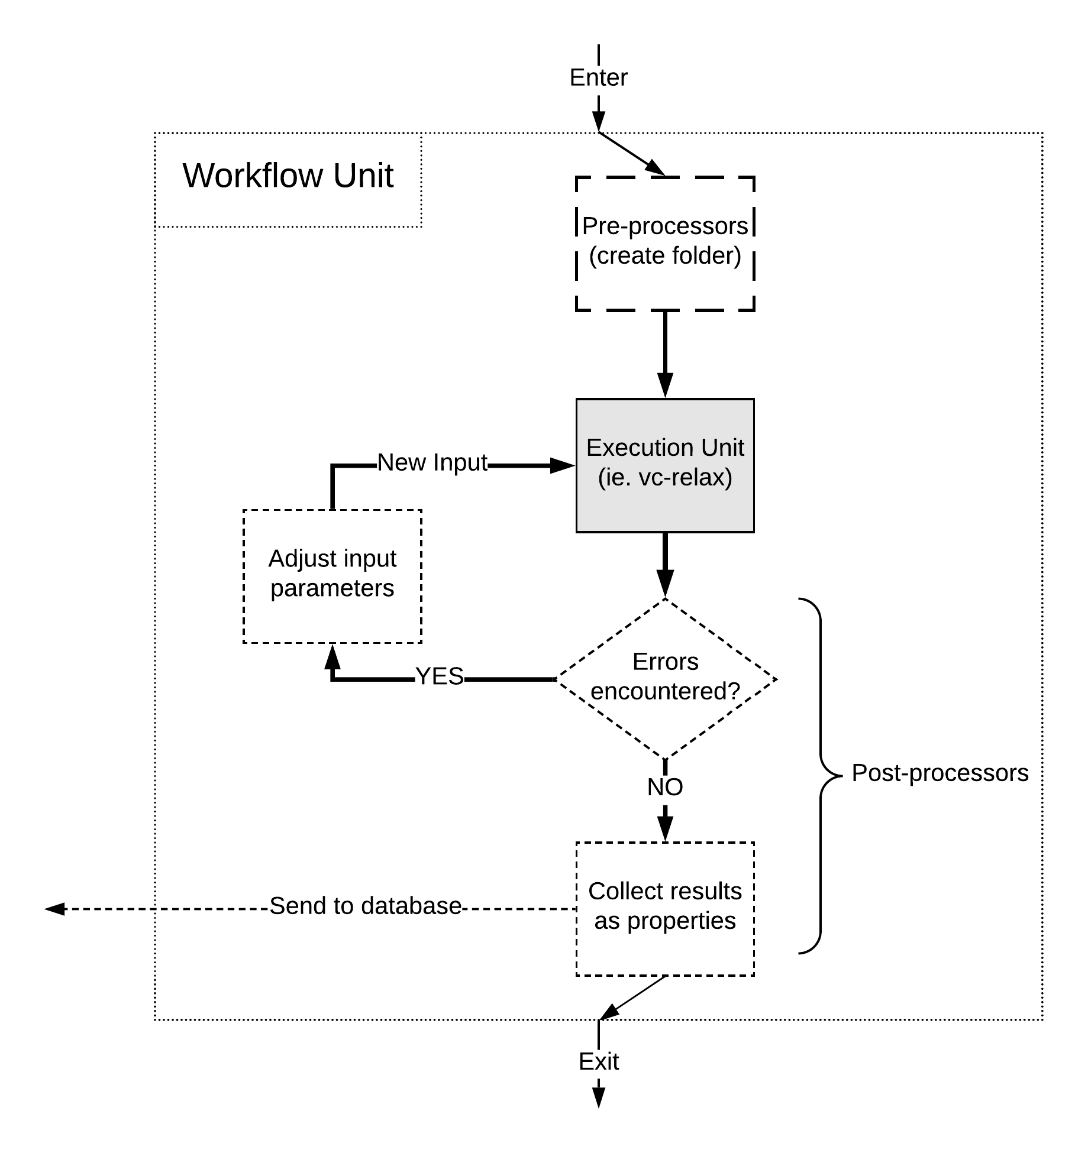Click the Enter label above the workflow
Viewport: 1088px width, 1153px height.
[598, 77]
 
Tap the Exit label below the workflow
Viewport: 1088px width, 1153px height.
[598, 1061]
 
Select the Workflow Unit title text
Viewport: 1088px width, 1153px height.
[288, 175]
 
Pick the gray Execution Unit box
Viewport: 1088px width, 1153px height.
[665, 465]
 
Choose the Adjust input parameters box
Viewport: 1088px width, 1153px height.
[332, 576]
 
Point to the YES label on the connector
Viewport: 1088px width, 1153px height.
[440, 676]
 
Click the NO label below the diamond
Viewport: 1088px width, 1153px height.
[665, 787]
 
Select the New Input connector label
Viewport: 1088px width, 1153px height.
[432, 462]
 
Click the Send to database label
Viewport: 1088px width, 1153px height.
[366, 906]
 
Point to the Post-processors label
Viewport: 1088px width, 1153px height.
[940, 773]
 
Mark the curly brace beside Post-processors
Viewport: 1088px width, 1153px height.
[821, 776]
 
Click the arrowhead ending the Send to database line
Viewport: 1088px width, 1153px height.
[54, 909]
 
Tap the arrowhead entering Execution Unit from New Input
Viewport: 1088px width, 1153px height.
[563, 466]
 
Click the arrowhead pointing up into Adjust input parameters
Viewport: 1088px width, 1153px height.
[332, 656]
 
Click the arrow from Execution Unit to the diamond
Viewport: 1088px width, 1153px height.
[665, 565]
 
